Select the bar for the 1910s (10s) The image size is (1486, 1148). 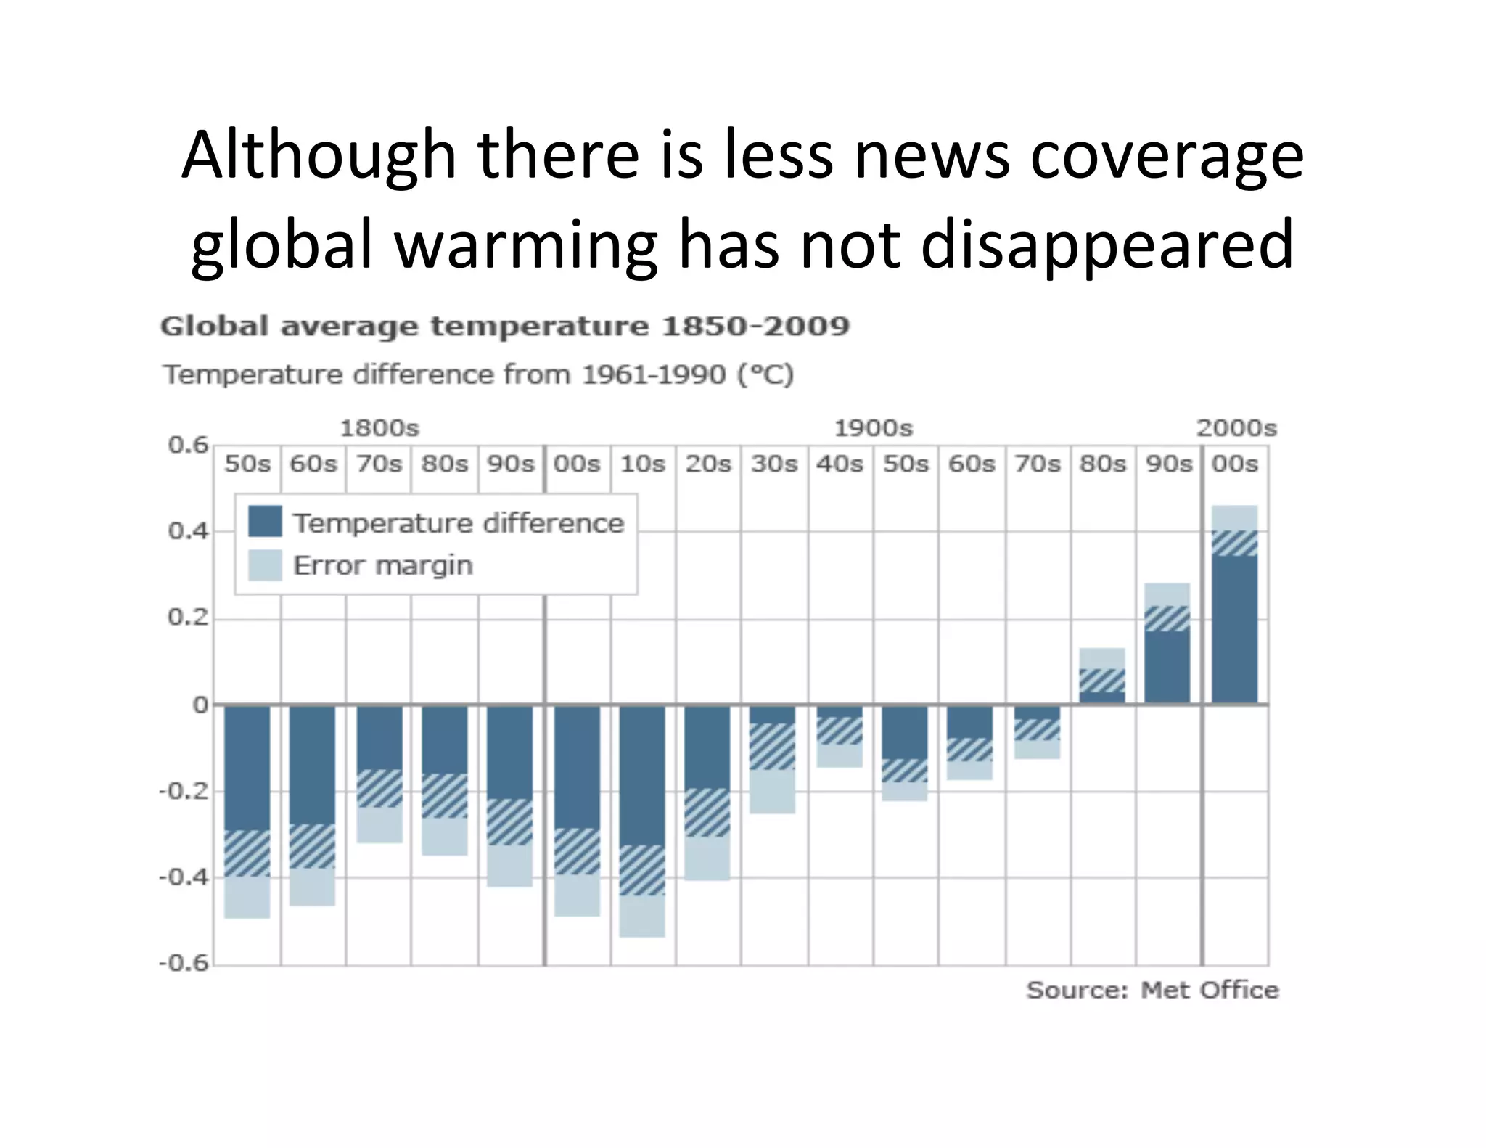642,776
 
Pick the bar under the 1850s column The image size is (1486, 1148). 247,769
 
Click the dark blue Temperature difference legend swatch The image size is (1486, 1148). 265,522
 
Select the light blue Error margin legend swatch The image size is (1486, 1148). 265,565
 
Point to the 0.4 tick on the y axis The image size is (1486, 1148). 188,531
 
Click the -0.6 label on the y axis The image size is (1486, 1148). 184,963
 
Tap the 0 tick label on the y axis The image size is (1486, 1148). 200,705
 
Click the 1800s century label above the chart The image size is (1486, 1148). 379,428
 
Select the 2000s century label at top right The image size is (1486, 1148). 1236,428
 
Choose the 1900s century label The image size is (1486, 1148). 873,428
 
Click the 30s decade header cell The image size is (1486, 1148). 774,463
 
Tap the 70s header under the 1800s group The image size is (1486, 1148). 379,463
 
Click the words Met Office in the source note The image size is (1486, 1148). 1209,990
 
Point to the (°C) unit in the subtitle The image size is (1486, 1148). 765,374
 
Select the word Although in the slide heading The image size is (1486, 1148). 319,155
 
